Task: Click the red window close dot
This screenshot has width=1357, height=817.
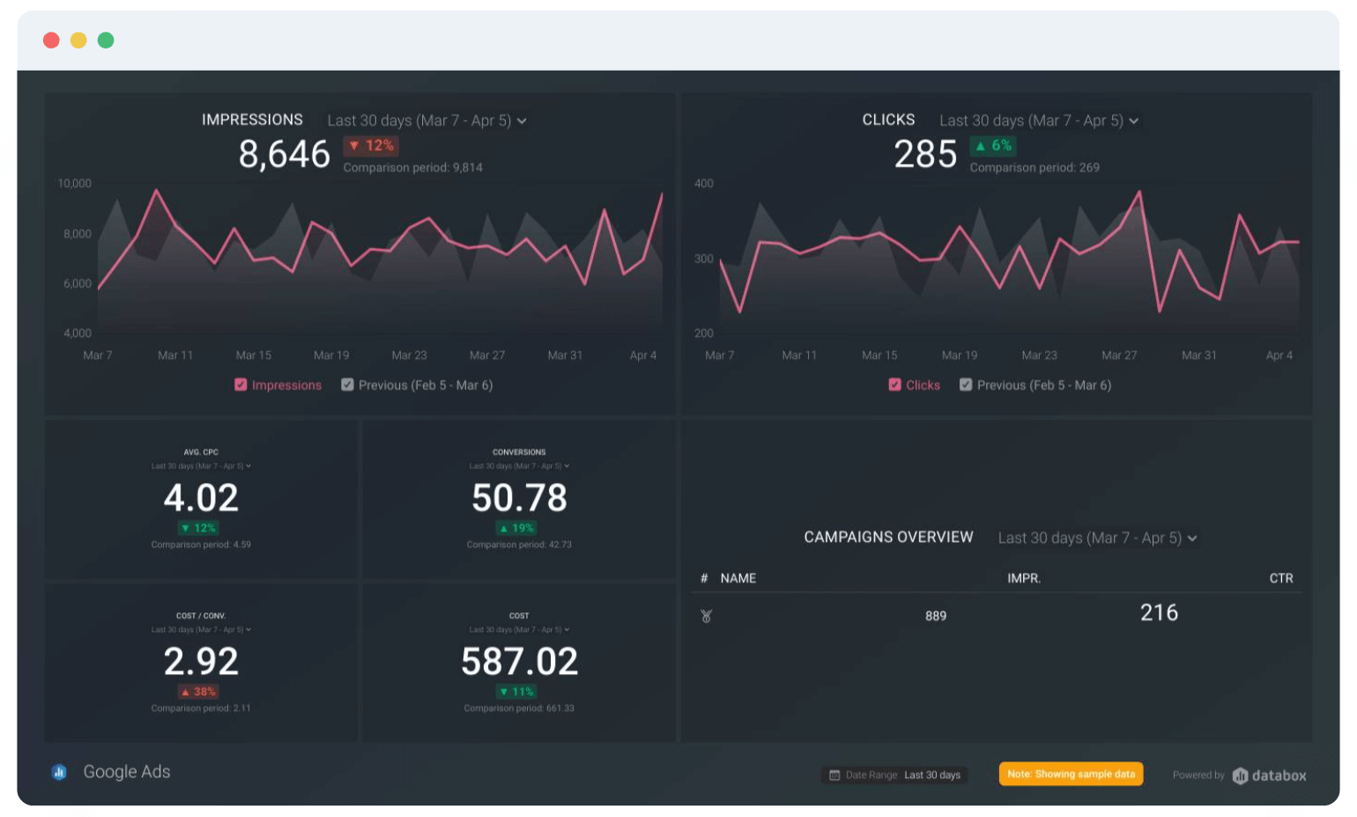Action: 51,41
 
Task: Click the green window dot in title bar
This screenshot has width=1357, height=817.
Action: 106,41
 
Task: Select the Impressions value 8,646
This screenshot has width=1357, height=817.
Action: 284,155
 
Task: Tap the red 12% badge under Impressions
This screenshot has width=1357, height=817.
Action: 371,145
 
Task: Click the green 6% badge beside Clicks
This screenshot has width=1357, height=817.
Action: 993,145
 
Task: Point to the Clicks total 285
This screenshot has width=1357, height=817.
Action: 925,155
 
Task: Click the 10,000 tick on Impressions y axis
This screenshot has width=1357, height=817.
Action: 75,183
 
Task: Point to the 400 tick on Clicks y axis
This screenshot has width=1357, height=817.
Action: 704,183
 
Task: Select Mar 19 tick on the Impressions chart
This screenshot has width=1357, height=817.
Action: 331,355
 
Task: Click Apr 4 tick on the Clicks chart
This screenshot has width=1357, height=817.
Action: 1279,355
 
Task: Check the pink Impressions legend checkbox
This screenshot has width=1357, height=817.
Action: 241,385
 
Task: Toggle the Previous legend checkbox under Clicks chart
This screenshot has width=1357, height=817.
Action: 966,385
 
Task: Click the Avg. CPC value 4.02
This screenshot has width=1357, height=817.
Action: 201,498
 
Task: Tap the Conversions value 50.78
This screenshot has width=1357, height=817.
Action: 519,498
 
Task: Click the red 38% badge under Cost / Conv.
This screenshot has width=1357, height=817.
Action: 199,692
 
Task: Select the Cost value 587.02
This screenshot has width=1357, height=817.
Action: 519,662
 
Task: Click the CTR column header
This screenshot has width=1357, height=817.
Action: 1280,578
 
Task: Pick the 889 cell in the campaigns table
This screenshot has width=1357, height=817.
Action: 936,616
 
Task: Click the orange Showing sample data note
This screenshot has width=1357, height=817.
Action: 1071,774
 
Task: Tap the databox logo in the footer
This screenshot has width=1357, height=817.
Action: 1269,776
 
